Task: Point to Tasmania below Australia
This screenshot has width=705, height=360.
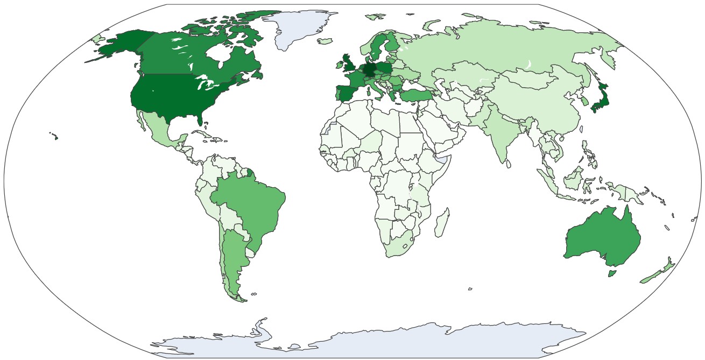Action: point(612,273)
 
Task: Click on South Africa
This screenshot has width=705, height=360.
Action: point(398,248)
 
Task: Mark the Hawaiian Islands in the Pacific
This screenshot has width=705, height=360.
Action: point(55,137)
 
